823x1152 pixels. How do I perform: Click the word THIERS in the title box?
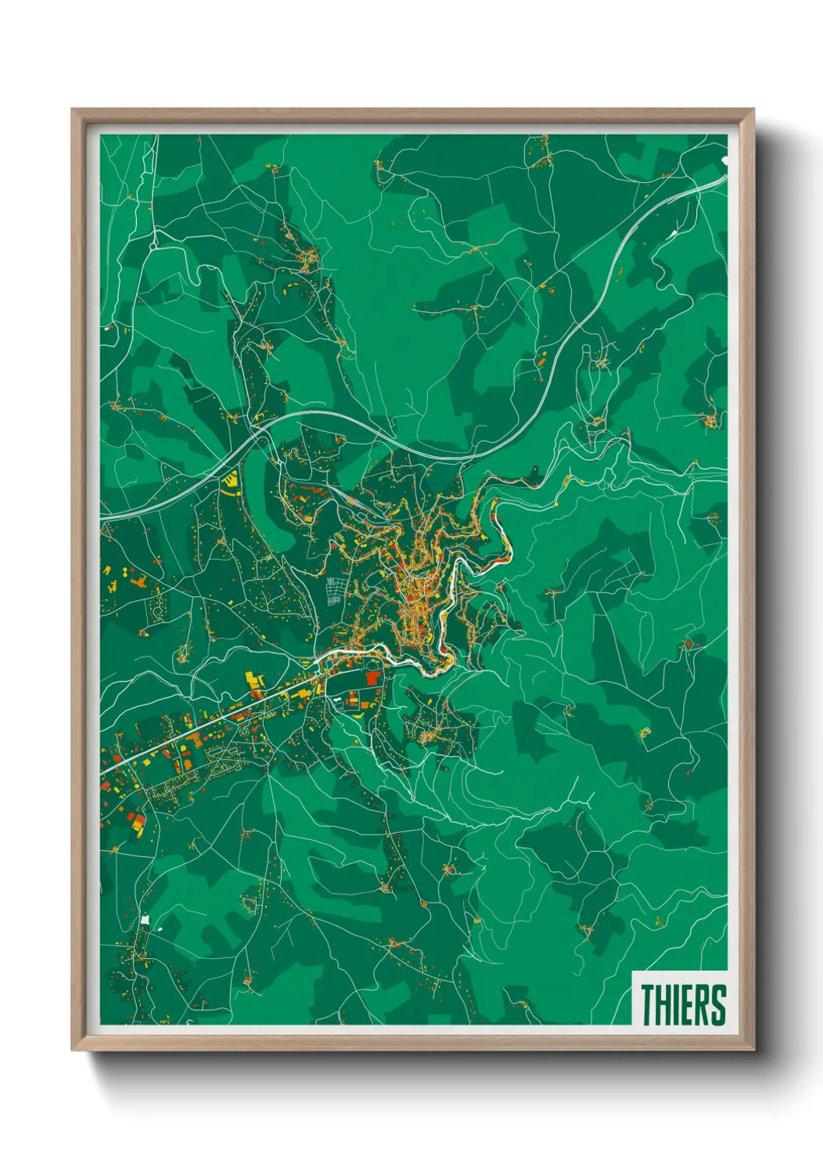click(682, 1004)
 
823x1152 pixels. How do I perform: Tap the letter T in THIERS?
click(647, 1004)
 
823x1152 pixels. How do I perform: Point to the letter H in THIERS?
click(662, 1004)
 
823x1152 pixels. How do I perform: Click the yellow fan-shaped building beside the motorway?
click(229, 483)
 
